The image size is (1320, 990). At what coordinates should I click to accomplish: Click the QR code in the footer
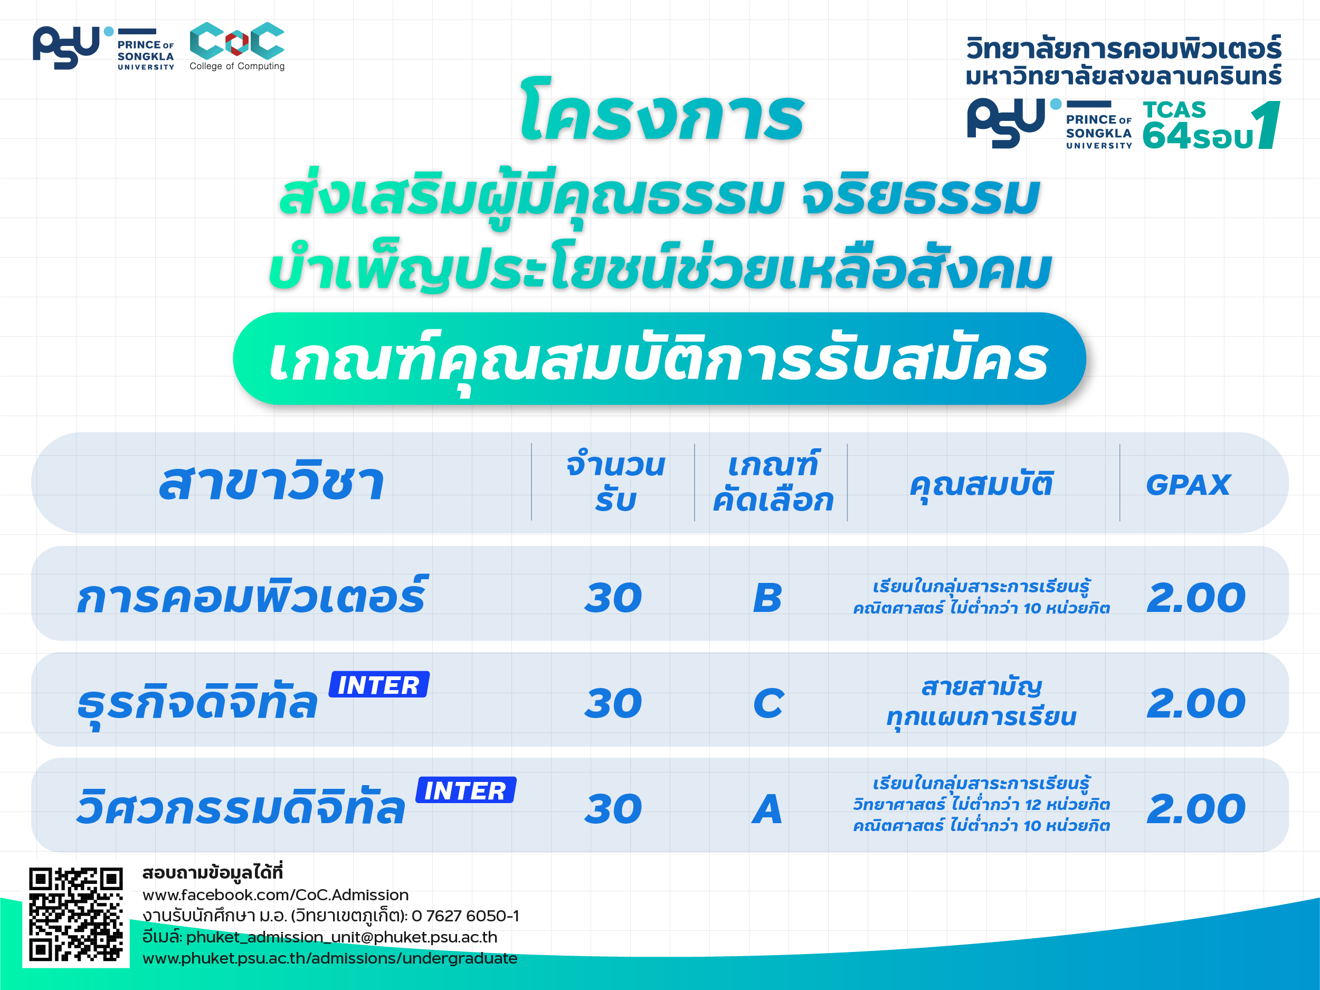coord(76,913)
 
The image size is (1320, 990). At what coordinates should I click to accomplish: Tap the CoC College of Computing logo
coord(237,46)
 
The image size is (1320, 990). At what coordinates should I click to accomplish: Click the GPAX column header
coord(1188,485)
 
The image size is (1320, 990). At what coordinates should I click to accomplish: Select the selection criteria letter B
coord(767,597)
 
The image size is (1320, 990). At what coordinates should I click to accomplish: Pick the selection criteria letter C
coord(768,703)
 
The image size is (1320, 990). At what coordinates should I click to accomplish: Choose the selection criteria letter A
coord(767,809)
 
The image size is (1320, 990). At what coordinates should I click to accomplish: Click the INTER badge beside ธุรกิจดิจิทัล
coord(379,684)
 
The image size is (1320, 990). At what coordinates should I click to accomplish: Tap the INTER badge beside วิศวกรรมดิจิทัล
coord(466,790)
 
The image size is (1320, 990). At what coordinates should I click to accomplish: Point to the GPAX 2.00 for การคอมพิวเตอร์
coord(1196,597)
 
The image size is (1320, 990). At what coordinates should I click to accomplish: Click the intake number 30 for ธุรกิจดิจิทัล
coord(613,703)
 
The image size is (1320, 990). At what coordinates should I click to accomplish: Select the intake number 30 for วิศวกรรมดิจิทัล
coord(613,809)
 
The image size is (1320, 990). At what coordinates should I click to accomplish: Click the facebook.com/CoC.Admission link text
coord(276,894)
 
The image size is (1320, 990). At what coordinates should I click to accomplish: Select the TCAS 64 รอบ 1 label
coord(1211,125)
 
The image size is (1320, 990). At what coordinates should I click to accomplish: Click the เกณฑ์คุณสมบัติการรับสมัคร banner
coord(659,359)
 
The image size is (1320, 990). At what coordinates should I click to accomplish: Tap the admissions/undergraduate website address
coord(330,958)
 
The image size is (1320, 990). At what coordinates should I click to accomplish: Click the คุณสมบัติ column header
coord(982,485)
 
